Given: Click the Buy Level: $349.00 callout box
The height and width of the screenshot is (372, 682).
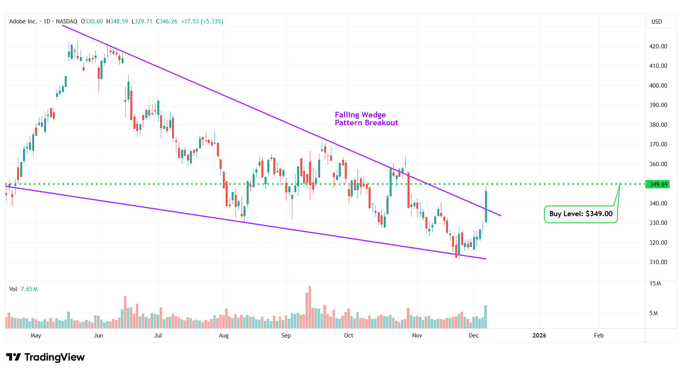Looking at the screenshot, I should click(581, 214).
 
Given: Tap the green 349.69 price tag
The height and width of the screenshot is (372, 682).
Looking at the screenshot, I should click(658, 184).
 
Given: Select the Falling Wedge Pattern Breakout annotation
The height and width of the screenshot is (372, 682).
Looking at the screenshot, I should click(366, 119).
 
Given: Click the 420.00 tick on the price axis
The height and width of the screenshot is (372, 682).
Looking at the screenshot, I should click(658, 46).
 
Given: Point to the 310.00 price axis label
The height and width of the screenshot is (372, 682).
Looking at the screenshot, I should click(658, 262).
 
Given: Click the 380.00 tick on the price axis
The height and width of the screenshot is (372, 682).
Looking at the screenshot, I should click(658, 125).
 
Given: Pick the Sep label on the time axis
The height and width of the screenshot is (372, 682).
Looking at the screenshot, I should click(286, 336).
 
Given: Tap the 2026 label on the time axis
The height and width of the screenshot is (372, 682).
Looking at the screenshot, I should click(539, 336).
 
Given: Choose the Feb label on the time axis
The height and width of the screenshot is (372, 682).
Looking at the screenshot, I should click(599, 336).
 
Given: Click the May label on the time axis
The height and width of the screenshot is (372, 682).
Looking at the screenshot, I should click(36, 336).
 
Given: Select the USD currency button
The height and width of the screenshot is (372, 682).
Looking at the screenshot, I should click(657, 22).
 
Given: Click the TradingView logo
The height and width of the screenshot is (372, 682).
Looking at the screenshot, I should click(46, 357).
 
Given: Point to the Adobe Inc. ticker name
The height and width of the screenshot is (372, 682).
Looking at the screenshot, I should click(23, 21).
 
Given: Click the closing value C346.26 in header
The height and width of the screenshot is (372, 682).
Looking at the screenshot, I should click(167, 21).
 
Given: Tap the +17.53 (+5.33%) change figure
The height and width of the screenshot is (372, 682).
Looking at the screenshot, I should click(202, 21).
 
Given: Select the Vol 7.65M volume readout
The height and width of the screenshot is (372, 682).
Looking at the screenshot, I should click(23, 289).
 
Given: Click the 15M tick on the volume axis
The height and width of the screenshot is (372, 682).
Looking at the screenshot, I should click(655, 284).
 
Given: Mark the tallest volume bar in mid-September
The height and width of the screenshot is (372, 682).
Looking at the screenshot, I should click(310, 307).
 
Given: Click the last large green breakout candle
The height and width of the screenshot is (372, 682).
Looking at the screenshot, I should click(486, 206).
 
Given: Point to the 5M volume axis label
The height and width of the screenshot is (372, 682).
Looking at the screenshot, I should click(653, 313).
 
